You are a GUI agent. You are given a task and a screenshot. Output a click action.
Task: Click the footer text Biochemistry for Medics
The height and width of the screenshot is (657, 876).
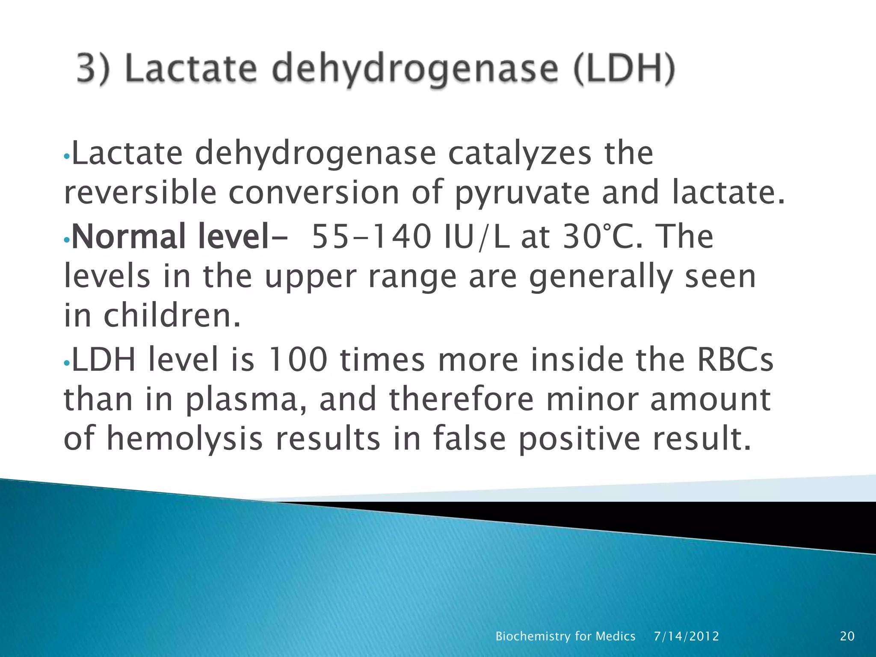point(565,636)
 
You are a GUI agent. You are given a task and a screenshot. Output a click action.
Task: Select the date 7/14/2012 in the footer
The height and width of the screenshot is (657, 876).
point(686,636)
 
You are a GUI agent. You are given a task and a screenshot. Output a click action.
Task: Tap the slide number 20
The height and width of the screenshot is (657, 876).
point(847,636)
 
